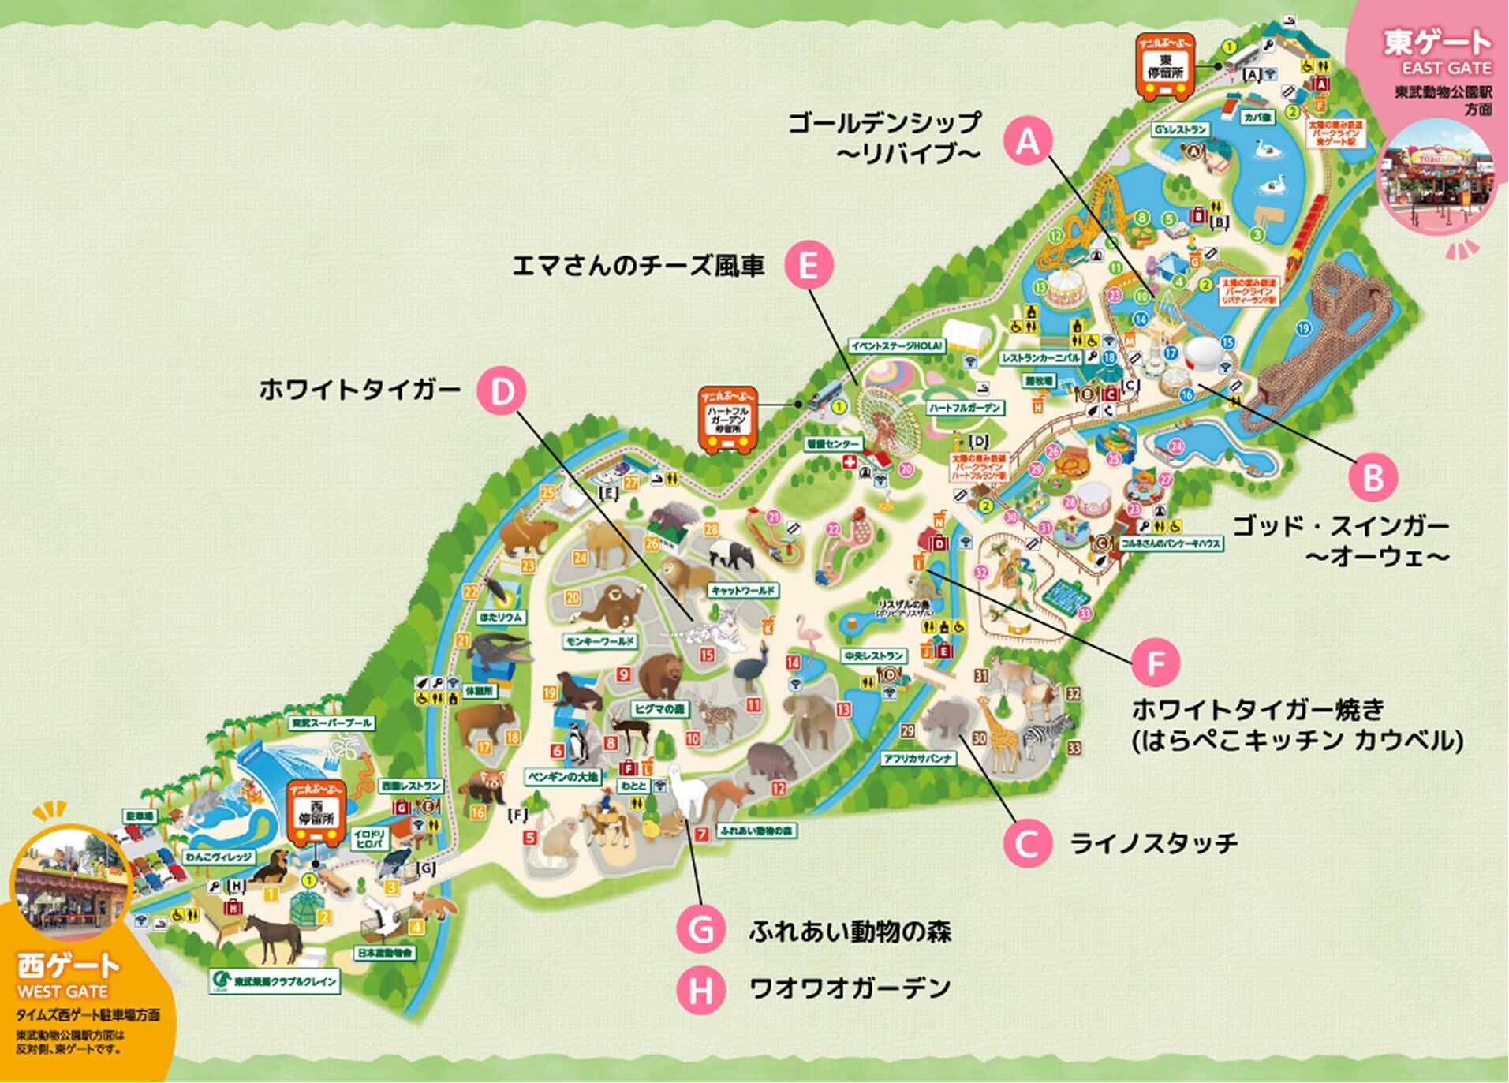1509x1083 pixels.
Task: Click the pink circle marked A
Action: tap(1028, 141)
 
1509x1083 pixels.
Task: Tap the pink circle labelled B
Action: tap(1373, 477)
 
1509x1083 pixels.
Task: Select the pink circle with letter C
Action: tap(1027, 843)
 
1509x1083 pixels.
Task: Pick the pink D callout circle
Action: tap(502, 390)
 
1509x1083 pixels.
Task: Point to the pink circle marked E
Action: tap(809, 265)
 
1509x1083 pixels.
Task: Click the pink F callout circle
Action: tap(1156, 663)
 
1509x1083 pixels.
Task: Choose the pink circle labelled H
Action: tap(700, 990)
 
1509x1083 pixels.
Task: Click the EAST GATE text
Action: tap(1446, 68)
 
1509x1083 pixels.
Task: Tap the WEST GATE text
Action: tap(62, 991)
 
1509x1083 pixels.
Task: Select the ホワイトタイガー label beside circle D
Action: tap(360, 390)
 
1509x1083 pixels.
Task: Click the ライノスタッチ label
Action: tap(1153, 843)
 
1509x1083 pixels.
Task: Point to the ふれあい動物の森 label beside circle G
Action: tap(850, 932)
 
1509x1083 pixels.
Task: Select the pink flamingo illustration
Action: tap(807, 635)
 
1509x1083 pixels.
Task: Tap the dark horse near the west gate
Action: tap(274, 935)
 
